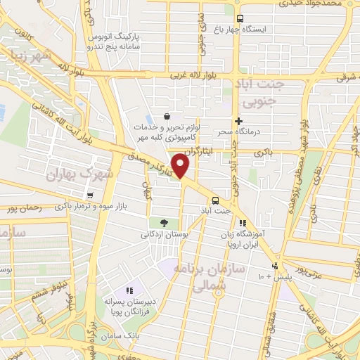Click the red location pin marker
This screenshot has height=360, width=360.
tap(181, 167)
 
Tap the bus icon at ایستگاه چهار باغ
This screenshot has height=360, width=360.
tap(240, 19)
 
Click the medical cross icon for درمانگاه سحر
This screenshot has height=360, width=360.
tap(239, 121)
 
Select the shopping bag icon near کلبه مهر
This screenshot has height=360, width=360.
tap(167, 117)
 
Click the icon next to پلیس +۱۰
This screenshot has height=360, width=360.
tap(275, 266)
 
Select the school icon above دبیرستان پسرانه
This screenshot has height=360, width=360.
tap(129, 290)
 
